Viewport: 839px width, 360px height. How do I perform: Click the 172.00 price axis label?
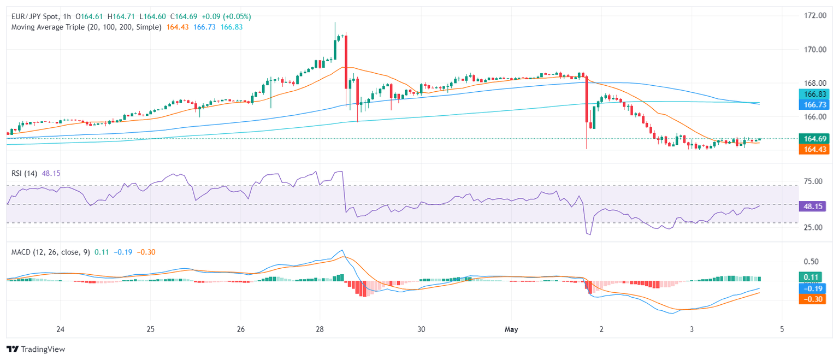click(x=814, y=15)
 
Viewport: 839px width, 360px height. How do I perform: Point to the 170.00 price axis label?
click(x=814, y=49)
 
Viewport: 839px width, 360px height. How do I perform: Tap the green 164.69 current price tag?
click(x=813, y=138)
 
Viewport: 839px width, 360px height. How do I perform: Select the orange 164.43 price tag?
click(x=813, y=149)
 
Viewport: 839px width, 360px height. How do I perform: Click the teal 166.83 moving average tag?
click(x=813, y=93)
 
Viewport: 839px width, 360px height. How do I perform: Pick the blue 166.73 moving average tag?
click(x=813, y=104)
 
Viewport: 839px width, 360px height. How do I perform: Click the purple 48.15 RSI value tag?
click(x=813, y=206)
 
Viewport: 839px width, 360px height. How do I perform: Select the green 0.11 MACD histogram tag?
click(x=813, y=277)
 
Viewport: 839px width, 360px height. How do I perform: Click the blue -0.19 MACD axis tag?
click(x=813, y=288)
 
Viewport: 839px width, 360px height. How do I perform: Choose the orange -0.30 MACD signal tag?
click(x=813, y=299)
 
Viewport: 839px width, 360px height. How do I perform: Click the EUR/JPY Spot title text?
click(x=37, y=16)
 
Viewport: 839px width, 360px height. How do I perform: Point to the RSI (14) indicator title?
click(x=24, y=174)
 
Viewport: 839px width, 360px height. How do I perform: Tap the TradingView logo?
click(x=36, y=349)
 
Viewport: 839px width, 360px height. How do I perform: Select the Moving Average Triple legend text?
click(x=86, y=27)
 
